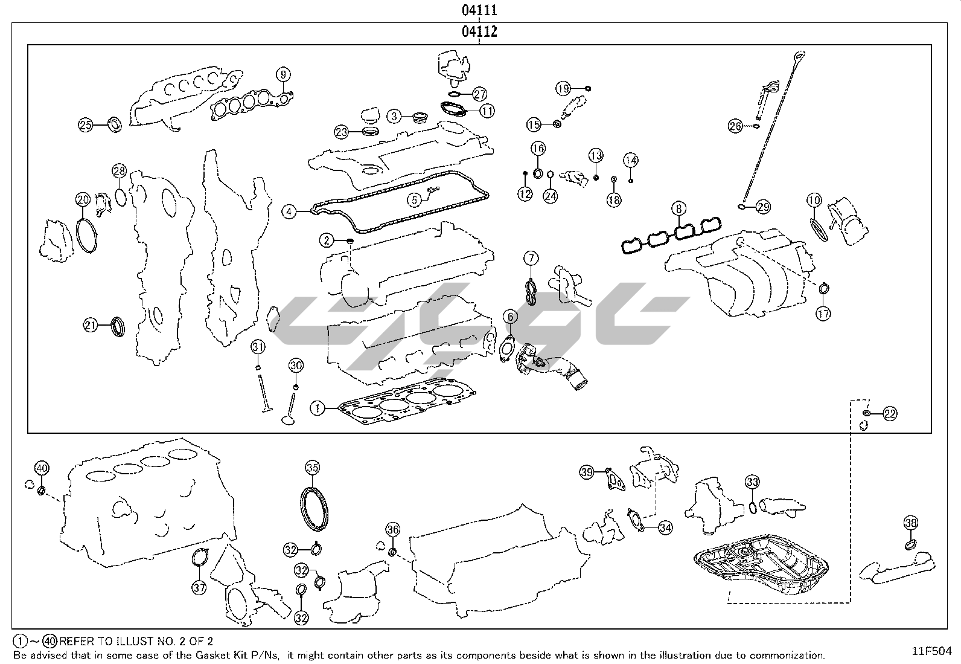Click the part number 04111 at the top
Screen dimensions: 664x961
479,10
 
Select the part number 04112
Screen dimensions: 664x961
479,31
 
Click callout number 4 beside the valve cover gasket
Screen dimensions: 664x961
290,212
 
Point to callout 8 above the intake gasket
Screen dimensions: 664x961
679,209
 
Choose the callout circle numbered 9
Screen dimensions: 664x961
283,75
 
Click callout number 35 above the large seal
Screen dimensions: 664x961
312,467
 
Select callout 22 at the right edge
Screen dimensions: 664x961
890,414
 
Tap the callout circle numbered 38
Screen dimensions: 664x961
911,523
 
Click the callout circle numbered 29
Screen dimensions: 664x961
763,207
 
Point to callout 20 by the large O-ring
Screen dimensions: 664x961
83,199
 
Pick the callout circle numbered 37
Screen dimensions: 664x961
199,587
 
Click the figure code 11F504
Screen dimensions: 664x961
931,651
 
